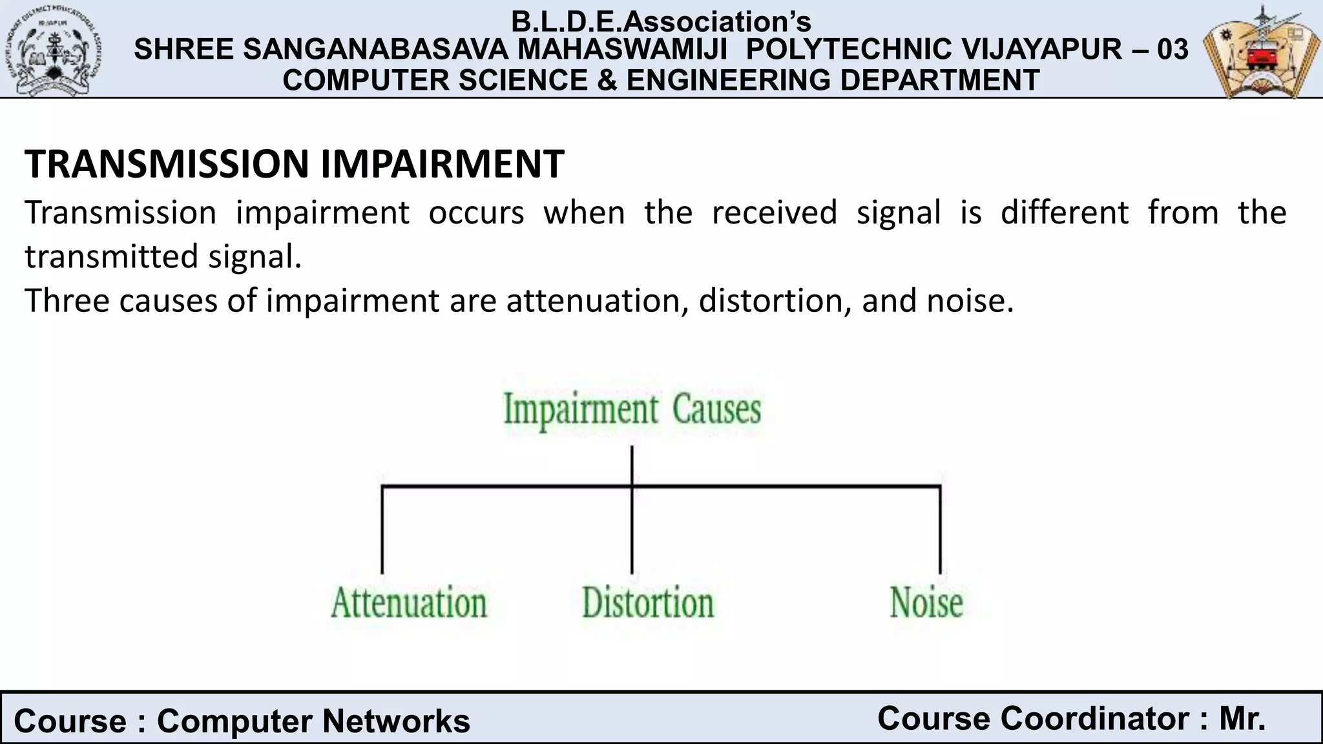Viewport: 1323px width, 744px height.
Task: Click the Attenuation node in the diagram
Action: [409, 603]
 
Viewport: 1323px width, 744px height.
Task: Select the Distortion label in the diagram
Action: [648, 603]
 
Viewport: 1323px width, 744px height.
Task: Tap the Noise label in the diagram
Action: [926, 603]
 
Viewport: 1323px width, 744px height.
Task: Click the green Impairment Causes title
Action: [632, 410]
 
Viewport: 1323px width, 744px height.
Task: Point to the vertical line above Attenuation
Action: [382, 530]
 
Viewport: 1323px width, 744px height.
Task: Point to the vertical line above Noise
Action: [940, 530]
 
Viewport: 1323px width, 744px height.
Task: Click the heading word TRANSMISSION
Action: [167, 164]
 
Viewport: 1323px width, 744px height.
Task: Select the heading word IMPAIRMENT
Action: [443, 164]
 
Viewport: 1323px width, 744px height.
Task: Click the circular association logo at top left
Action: [57, 50]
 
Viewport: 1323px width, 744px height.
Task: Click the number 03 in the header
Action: [1172, 50]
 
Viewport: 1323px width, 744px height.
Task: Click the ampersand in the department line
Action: [606, 80]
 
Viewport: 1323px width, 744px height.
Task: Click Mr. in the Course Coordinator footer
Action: [1242, 719]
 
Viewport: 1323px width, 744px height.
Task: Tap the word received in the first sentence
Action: [775, 212]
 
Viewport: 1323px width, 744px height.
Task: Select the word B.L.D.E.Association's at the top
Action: [661, 22]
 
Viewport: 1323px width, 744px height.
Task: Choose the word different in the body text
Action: [1064, 212]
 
